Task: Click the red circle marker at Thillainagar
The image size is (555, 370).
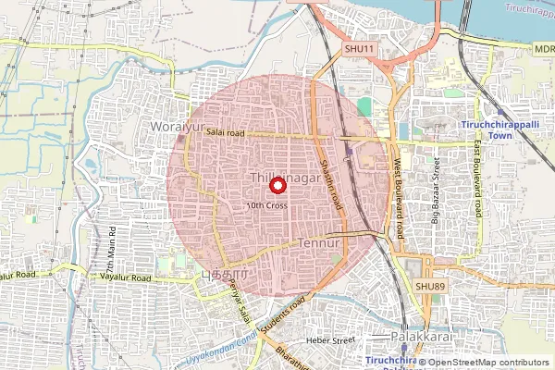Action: click(274, 184)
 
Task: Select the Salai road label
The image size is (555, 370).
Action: click(226, 132)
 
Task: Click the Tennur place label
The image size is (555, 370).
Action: click(322, 244)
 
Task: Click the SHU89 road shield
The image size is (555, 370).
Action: click(430, 288)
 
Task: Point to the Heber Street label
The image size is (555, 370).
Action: click(330, 339)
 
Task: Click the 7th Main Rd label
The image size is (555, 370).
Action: click(109, 247)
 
